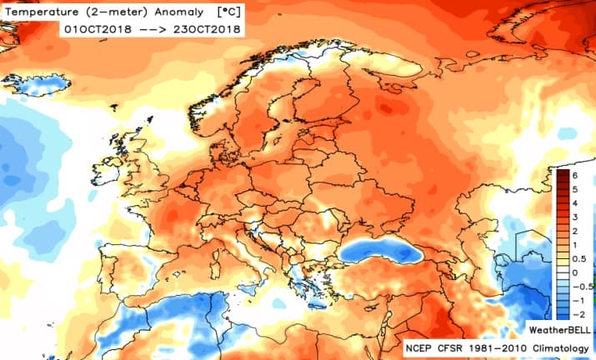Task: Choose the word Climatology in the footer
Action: coord(563,346)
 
